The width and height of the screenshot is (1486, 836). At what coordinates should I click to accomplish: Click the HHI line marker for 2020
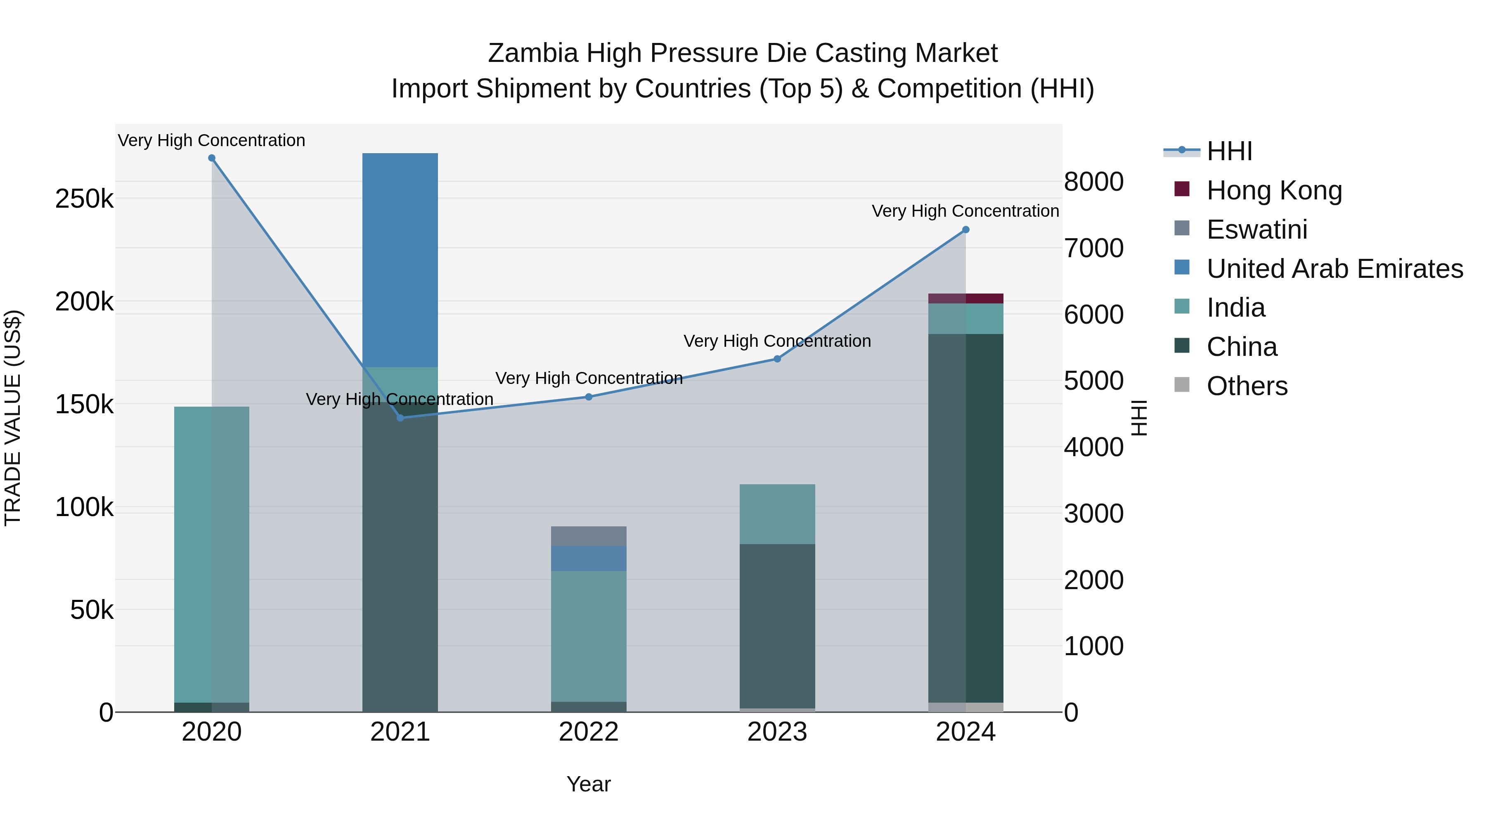[x=212, y=158]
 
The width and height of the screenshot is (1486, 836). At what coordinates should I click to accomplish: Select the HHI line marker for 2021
[x=400, y=418]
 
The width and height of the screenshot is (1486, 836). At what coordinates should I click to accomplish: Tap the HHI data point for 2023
[x=777, y=359]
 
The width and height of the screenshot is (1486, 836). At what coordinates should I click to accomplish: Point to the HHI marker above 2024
[x=965, y=230]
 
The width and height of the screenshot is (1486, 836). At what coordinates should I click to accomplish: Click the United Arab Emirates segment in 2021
[x=400, y=260]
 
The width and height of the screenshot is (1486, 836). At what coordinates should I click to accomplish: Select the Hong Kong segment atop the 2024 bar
[x=965, y=298]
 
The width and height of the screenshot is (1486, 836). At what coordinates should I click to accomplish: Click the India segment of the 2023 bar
[x=777, y=514]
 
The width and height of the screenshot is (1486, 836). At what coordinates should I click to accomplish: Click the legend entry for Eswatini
[x=1256, y=230]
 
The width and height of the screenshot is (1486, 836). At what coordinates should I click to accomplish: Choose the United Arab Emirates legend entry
[x=1334, y=269]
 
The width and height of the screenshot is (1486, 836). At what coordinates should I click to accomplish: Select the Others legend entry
[x=1247, y=386]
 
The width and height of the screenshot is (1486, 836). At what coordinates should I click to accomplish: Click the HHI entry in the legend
[x=1229, y=151]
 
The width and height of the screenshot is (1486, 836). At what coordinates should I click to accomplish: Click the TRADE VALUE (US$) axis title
[x=13, y=418]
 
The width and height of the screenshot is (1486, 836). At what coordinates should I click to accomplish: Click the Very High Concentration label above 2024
[x=965, y=211]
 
